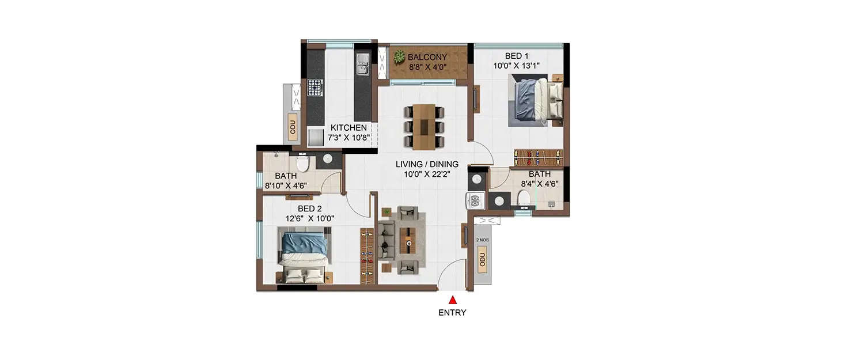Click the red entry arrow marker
coord(453,300)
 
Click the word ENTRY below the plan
coord(452,313)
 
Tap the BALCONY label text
coord(427,57)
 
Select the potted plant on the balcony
coord(399,56)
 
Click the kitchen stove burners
coord(314,88)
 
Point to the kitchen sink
coord(362,64)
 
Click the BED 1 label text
coord(517,56)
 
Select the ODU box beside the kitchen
coord(293,128)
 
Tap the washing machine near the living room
coord(476,201)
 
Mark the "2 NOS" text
coord(482,240)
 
